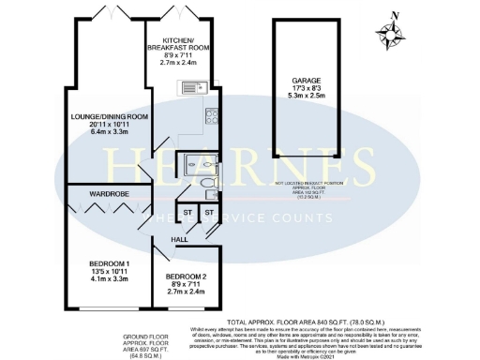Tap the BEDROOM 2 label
pyautogui.click(x=186, y=277)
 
